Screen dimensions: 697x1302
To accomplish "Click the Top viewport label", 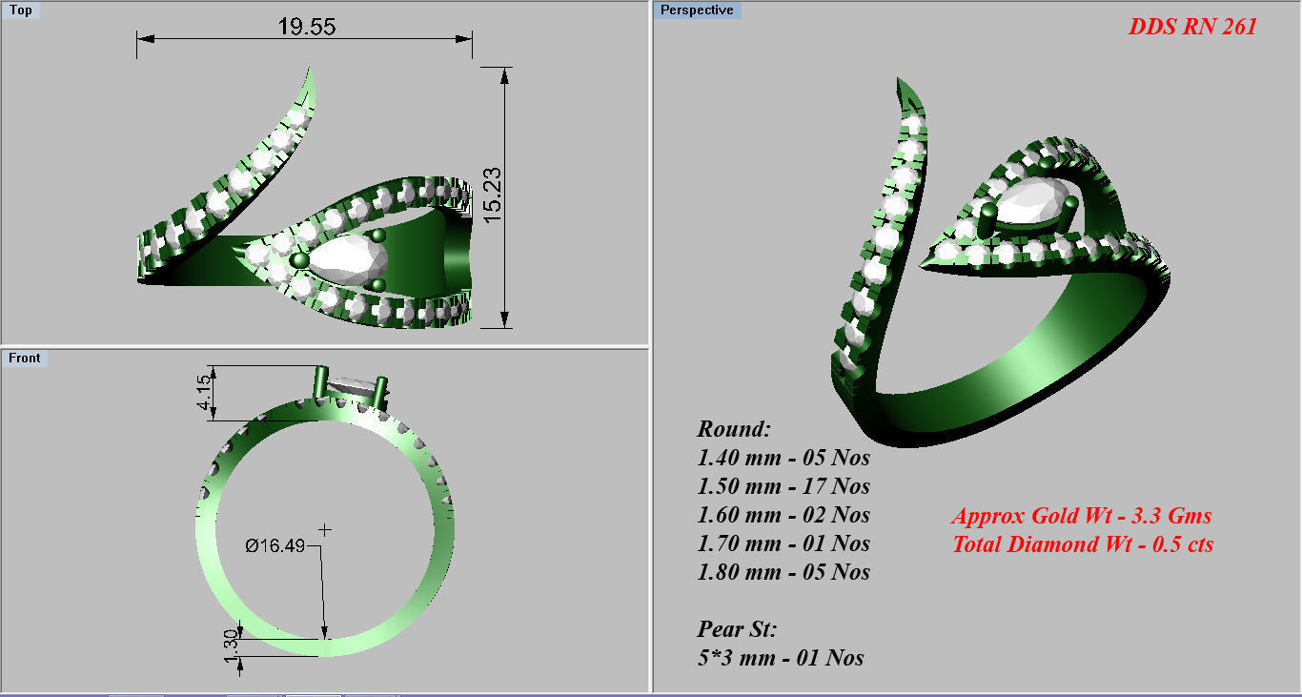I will [20, 10].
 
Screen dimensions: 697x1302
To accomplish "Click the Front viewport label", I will [25, 358].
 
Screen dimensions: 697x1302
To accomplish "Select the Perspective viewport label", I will [697, 10].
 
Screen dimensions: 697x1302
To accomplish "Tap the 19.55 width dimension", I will [306, 26].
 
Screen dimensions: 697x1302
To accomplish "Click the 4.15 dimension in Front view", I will [202, 393].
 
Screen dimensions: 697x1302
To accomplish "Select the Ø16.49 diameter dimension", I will [275, 545].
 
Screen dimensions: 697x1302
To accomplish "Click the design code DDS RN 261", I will [1192, 27].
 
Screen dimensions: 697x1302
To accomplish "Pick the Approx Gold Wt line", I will [1081, 516].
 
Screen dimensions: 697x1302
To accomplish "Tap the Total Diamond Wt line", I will [1083, 544].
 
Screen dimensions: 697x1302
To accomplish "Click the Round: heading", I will [733, 428].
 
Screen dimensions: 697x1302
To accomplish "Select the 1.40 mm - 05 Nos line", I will [783, 458].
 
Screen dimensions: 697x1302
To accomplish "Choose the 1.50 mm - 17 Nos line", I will [783, 486].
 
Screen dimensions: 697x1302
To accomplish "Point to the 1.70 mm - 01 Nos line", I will [783, 543].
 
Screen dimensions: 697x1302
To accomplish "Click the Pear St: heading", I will [738, 629].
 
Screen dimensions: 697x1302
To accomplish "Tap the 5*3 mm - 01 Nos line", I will [781, 658].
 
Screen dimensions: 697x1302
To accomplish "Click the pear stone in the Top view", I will [347, 258].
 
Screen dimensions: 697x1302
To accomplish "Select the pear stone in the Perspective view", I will [1033, 206].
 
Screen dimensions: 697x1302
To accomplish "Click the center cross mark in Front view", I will [325, 529].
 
